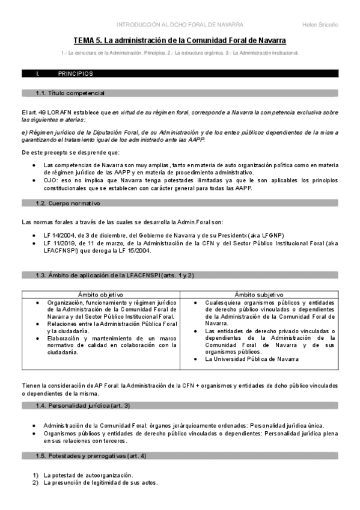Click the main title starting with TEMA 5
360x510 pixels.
[x=180, y=40]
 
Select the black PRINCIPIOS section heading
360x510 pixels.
[x=75, y=74]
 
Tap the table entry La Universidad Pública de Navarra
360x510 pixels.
[x=252, y=359]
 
